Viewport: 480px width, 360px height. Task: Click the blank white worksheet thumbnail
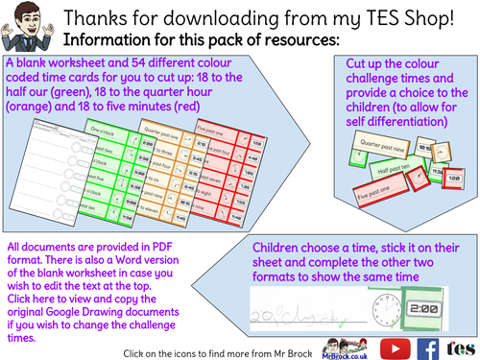pyautogui.click(x=44, y=158)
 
